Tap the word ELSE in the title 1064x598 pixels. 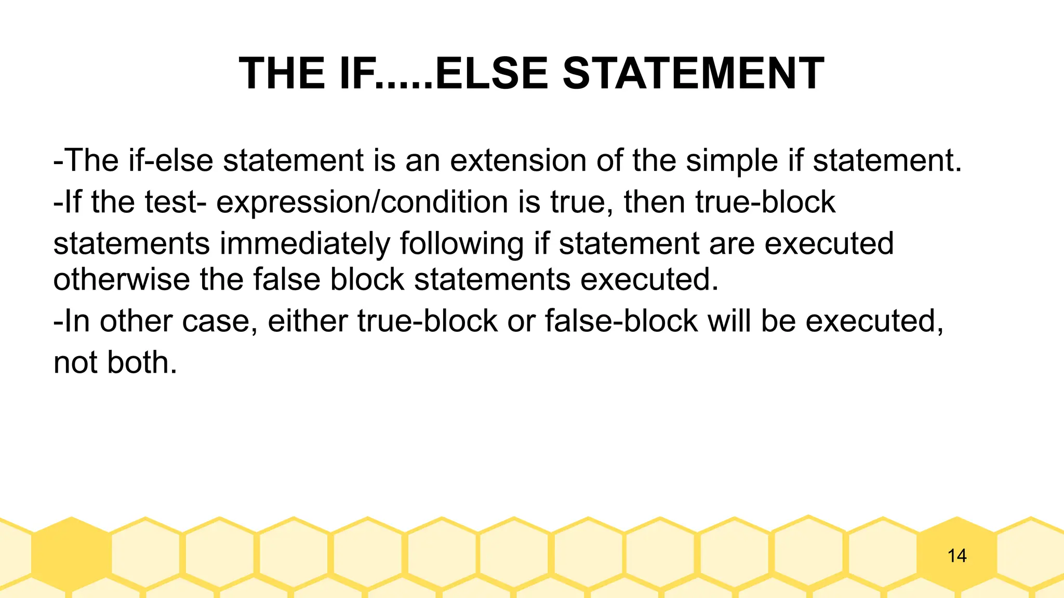point(491,73)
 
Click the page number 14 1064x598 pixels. point(956,556)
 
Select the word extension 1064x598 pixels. point(518,160)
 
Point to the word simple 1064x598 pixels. point(731,160)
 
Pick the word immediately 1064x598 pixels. point(305,244)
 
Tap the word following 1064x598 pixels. point(462,244)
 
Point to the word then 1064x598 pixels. point(654,202)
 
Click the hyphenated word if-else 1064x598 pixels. point(171,160)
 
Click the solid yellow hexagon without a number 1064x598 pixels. point(71,554)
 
